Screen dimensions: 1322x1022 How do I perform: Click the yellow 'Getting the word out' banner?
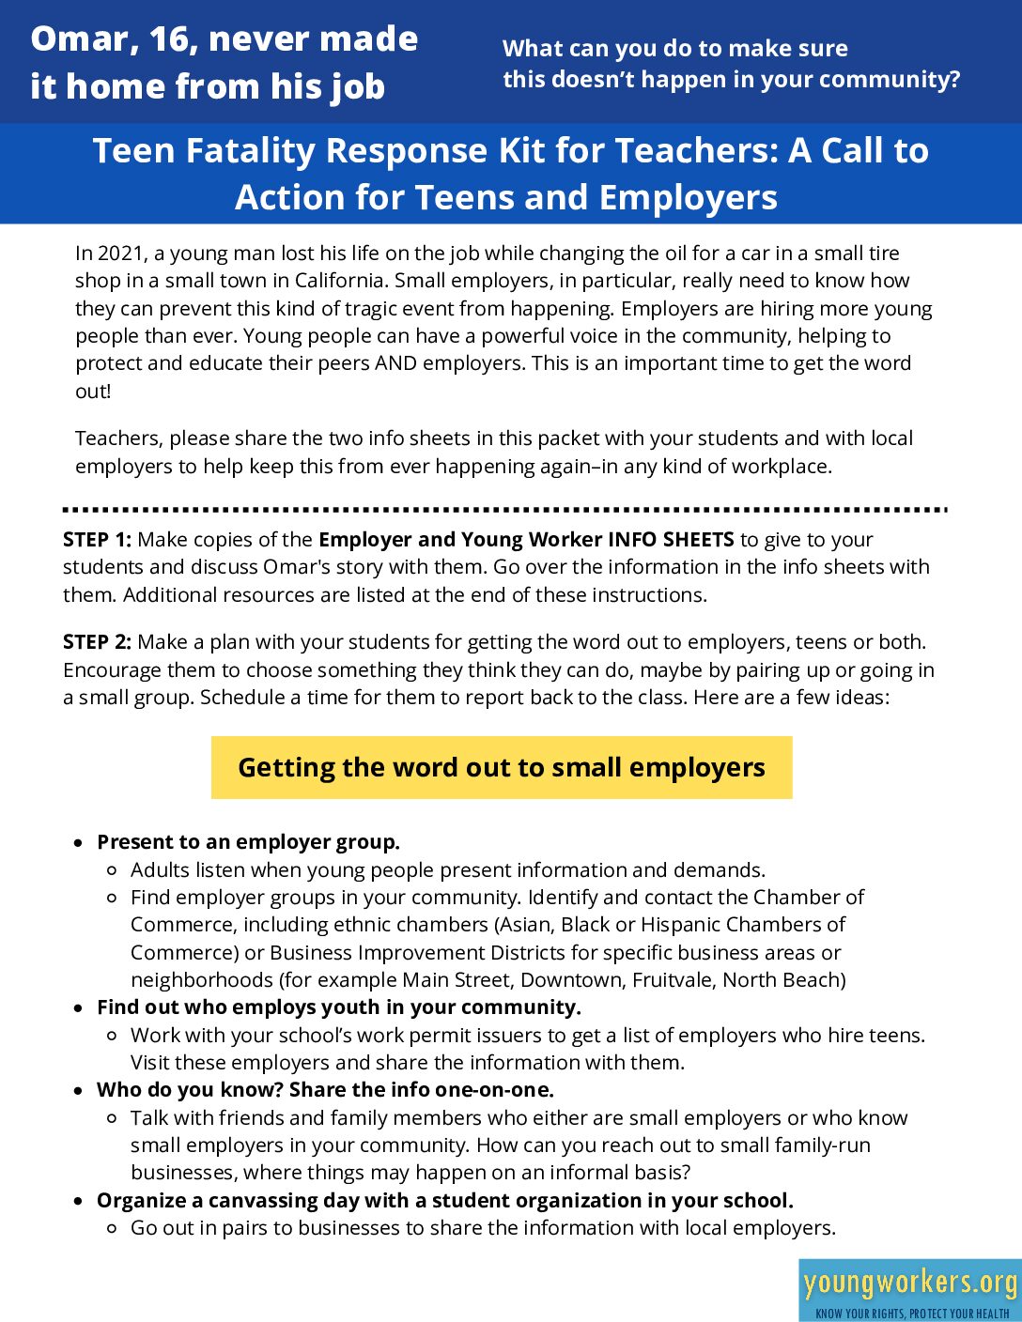[x=502, y=767]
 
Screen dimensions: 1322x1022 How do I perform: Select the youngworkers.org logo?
[x=909, y=1289]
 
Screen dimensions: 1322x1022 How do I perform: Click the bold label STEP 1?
[x=97, y=540]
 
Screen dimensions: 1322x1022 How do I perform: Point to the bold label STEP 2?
[x=97, y=642]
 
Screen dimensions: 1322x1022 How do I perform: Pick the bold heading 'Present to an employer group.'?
[x=248, y=842]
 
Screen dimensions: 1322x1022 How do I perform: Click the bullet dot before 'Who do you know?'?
[x=79, y=1091]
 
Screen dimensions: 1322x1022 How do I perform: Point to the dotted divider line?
[x=504, y=510]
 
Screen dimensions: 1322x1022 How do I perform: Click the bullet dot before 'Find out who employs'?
[x=79, y=1008]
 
